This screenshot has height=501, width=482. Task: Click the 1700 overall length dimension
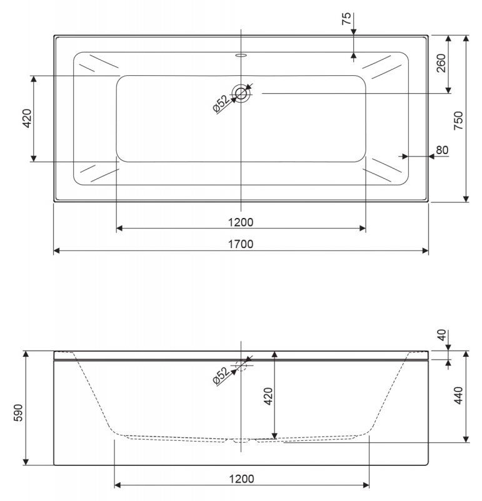coord(241,244)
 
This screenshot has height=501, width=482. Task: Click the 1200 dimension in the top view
coord(241,222)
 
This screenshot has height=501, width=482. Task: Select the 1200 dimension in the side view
coord(242,479)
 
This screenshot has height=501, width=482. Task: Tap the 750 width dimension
coord(458,120)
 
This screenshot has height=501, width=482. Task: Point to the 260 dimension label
coord(441,63)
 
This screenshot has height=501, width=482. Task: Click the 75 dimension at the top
coord(346,19)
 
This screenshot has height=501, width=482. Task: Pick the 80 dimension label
coord(442,150)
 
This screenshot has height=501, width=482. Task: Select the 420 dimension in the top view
coord(27,118)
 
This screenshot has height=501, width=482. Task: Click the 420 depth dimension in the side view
coord(268,396)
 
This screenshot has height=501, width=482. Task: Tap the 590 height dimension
coord(19,413)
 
